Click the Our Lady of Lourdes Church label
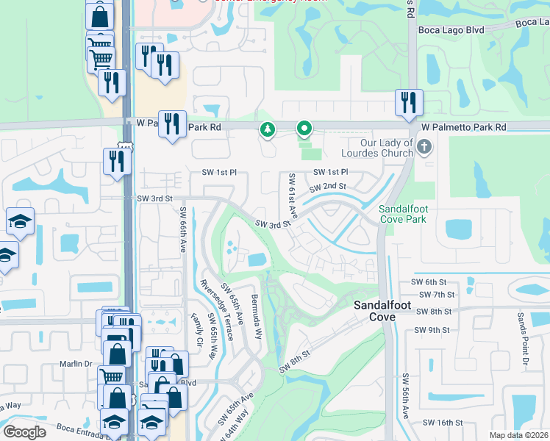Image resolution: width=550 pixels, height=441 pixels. click(377, 148)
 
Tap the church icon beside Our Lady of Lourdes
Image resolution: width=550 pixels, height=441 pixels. click(424, 148)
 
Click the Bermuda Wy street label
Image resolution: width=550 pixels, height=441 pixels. click(257, 318)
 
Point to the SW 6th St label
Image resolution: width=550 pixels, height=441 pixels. click(429, 282)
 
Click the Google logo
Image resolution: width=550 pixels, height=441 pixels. click(24, 432)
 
